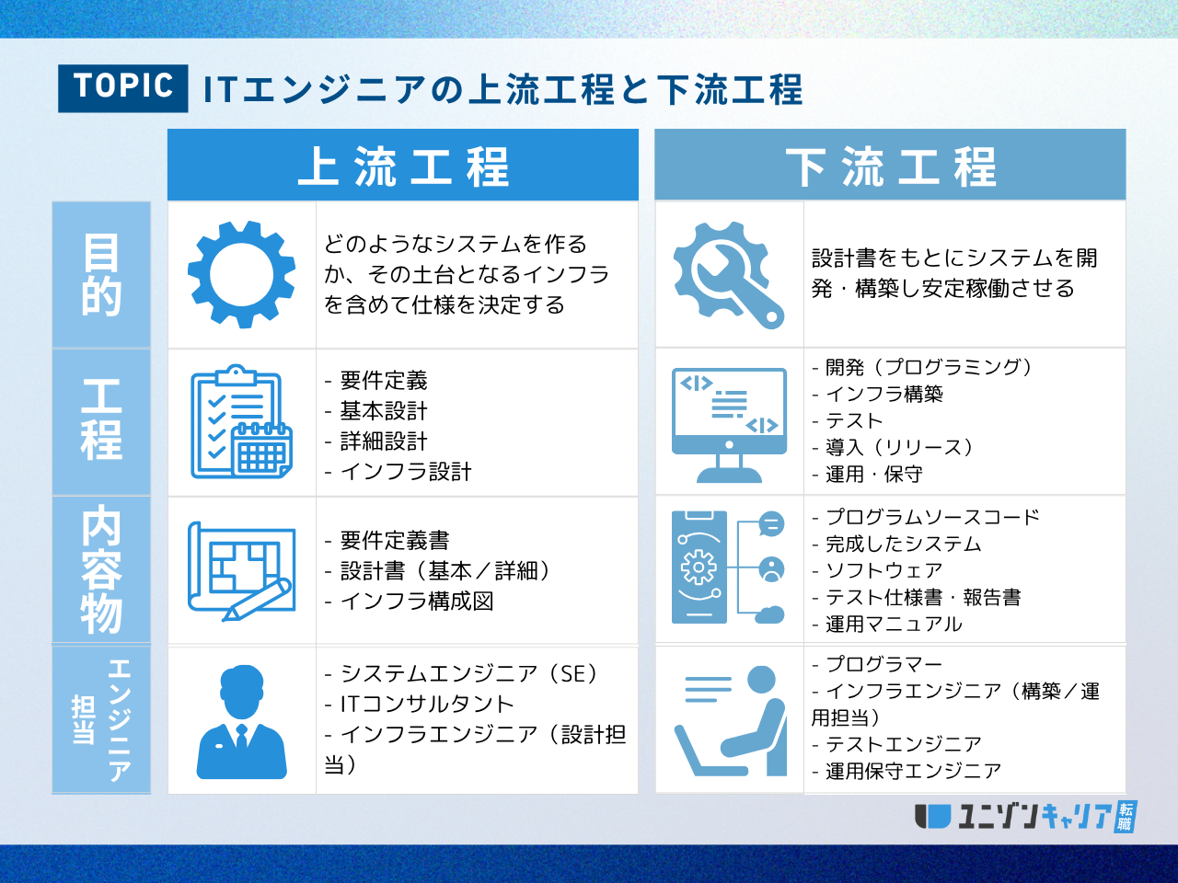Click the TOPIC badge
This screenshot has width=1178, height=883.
(x=123, y=88)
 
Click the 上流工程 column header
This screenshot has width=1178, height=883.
(x=403, y=166)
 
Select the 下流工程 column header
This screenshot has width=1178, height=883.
(x=890, y=166)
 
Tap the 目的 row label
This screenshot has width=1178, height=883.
(x=101, y=275)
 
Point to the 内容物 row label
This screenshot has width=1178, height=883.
(x=101, y=569)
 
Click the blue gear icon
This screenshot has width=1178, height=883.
(x=242, y=274)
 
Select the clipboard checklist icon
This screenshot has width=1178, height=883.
(x=241, y=422)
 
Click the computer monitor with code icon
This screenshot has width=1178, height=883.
(x=729, y=424)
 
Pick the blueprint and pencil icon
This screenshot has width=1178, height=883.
(x=242, y=570)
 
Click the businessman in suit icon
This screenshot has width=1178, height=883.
(x=242, y=721)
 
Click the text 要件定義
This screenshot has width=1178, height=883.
(x=384, y=381)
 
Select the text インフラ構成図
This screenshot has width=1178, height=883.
(x=417, y=602)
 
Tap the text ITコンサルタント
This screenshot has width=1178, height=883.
(x=427, y=705)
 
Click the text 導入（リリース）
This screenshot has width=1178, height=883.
(x=899, y=448)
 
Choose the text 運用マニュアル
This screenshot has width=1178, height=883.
(x=894, y=625)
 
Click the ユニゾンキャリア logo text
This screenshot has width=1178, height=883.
(x=1035, y=816)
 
